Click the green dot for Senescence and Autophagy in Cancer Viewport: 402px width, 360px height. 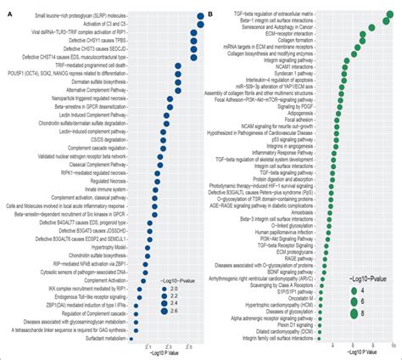[x=371, y=28]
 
